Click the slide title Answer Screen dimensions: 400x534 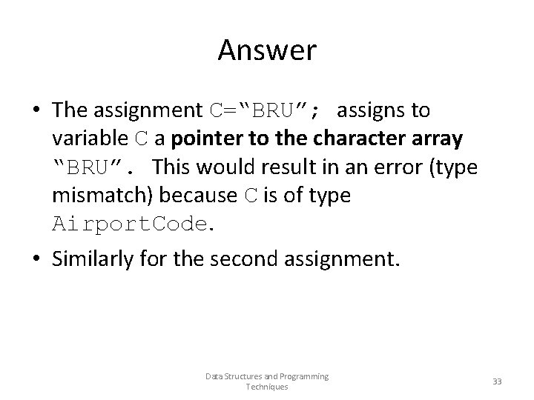click(x=267, y=51)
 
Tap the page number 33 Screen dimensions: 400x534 click(x=497, y=381)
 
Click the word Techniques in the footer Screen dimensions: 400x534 click(x=266, y=387)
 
